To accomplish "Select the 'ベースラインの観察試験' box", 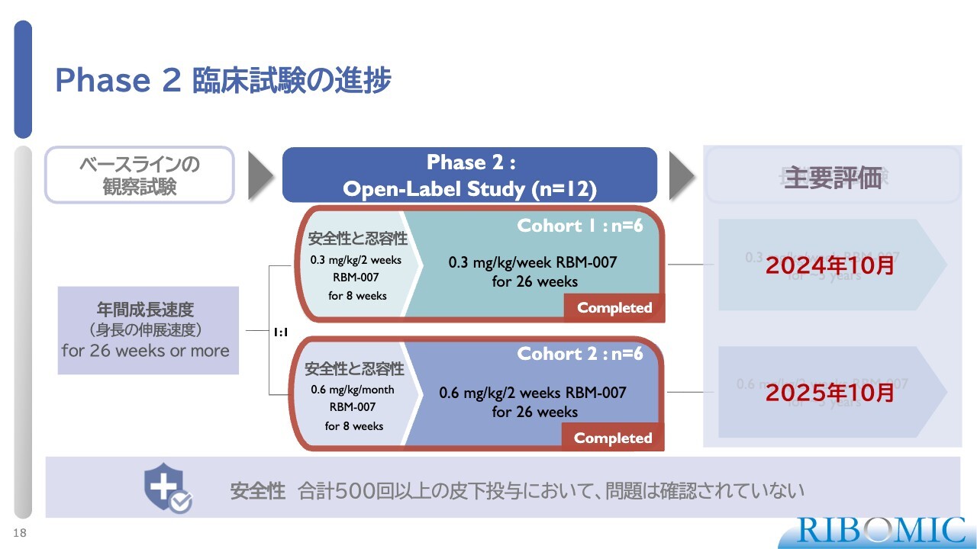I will point(139,175).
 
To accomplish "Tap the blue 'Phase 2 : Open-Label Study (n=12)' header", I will point(469,175).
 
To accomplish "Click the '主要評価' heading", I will point(832,178).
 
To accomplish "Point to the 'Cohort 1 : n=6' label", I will point(579,226).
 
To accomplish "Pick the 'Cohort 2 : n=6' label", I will point(579,354).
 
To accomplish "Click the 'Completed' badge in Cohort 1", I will point(614,308).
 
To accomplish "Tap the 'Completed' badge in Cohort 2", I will point(613,438).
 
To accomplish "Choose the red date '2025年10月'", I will point(830,393).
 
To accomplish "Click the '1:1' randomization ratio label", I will point(279,332).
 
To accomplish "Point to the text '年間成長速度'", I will point(145,310).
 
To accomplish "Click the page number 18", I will point(20,533).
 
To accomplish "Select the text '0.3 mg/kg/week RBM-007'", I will point(533,263).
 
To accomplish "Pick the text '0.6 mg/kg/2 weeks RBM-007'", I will point(533,393).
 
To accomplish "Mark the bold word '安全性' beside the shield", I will point(257,491).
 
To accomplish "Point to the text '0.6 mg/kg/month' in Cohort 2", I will point(354,389).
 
